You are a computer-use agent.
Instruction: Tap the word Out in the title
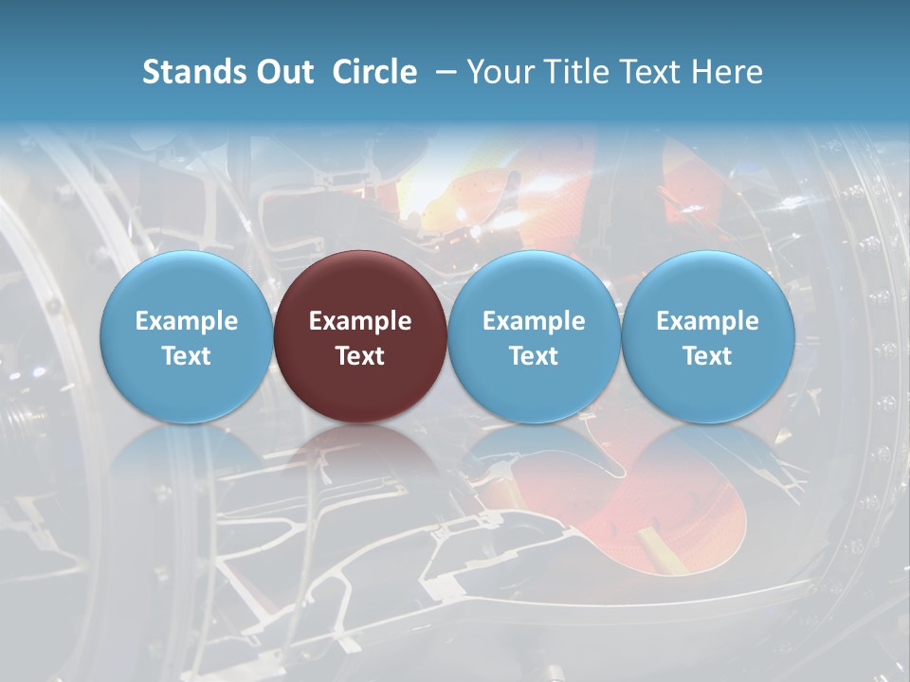click(282, 72)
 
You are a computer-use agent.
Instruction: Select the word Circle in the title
click(374, 72)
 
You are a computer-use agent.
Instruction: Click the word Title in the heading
click(577, 72)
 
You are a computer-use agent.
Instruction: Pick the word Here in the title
click(726, 72)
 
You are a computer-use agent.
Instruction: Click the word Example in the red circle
click(360, 321)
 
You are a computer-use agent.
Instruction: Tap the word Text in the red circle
click(360, 356)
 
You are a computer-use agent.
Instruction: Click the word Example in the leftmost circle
click(187, 321)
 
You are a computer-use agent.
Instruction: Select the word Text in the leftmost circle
click(187, 356)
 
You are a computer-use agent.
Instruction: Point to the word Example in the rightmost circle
click(707, 321)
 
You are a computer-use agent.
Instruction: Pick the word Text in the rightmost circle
click(707, 356)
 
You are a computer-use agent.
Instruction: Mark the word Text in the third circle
click(534, 356)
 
